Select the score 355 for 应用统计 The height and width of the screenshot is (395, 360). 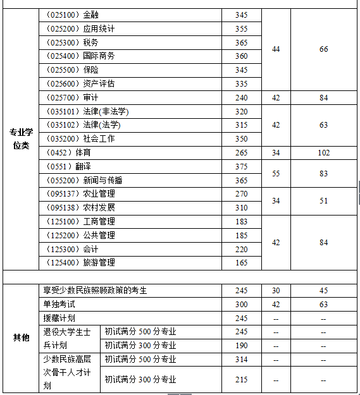241,28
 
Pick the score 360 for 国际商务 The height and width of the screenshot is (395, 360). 241,56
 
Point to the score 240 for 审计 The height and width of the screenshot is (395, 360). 241,97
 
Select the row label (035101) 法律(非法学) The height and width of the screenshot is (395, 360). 87,111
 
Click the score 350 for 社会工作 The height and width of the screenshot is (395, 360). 241,138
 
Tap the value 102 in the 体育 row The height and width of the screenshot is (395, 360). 323,152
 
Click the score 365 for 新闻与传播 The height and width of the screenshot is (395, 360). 241,180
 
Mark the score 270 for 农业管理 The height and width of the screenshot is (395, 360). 241,193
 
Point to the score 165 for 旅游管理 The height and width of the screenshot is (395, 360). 241,262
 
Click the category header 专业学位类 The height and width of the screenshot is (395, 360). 21,139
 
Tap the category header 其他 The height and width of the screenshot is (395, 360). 21,337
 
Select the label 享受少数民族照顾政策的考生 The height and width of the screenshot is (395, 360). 95,290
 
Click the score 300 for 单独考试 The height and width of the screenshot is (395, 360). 241,304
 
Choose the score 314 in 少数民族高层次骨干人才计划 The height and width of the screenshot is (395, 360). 241,359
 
